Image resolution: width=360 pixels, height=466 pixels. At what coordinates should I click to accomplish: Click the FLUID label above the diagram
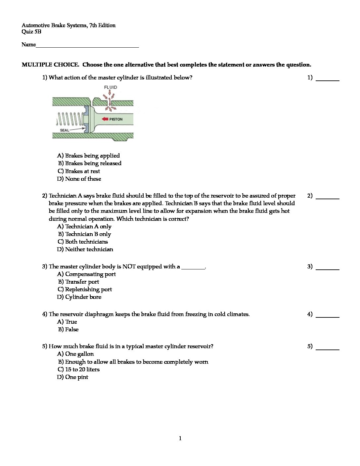(x=111, y=87)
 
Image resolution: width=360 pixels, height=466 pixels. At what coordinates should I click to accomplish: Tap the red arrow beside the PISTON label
(x=105, y=119)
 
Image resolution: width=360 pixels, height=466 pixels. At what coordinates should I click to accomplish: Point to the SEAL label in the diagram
(x=65, y=130)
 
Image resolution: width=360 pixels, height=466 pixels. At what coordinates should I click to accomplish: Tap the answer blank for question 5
(x=328, y=349)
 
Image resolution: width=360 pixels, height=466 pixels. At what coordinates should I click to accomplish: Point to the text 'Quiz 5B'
(x=31, y=32)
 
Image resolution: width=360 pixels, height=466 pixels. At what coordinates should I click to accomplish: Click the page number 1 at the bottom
(x=180, y=439)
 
